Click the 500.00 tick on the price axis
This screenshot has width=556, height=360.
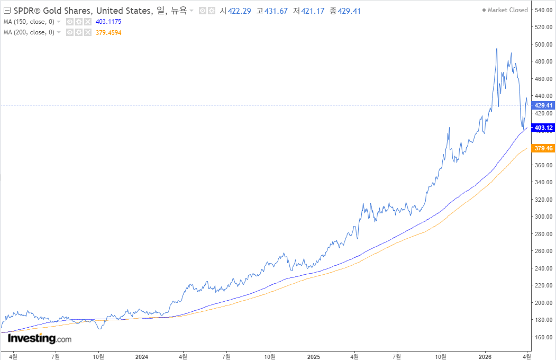tap(544, 44)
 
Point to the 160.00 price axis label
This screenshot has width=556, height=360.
tap(544, 337)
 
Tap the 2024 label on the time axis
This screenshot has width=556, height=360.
tap(142, 356)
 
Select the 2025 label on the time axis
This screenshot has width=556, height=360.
tap(314, 356)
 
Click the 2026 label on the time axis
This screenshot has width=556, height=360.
tap(485, 356)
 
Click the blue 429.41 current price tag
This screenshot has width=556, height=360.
tap(543, 105)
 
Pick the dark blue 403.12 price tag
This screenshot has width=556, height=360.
tap(543, 128)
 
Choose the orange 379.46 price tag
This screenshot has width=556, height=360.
tap(543, 148)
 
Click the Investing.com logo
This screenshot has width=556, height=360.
tap(39, 338)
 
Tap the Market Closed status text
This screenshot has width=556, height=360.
tap(507, 10)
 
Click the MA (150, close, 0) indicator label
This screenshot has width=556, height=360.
tap(29, 22)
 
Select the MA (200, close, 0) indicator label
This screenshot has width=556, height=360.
tap(29, 32)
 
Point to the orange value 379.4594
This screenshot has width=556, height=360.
tap(108, 33)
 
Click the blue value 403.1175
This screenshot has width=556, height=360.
tap(108, 22)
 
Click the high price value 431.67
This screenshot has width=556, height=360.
tap(276, 11)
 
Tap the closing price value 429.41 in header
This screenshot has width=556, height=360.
tap(349, 11)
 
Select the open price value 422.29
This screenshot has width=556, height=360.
tap(239, 11)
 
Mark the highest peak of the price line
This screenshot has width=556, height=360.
tap(496, 48)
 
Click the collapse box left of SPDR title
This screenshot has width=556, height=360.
tap(7, 11)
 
